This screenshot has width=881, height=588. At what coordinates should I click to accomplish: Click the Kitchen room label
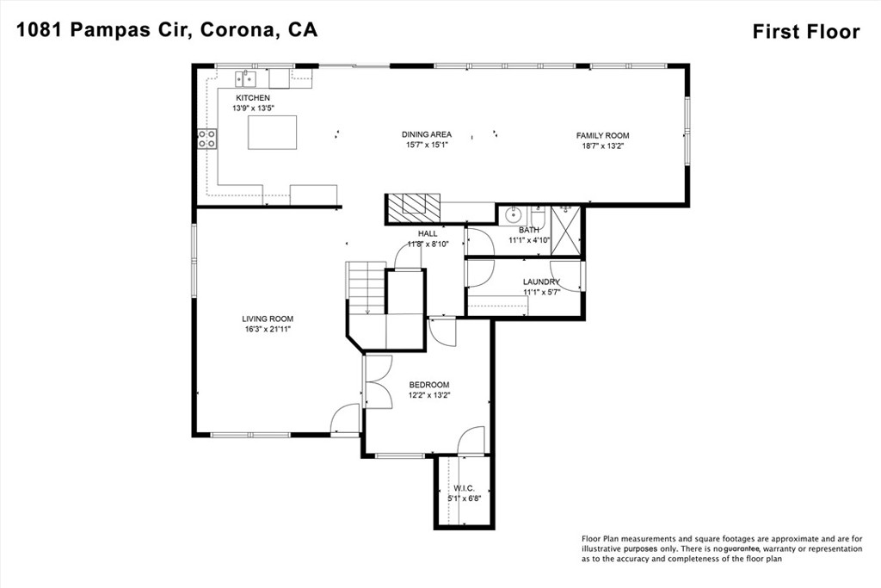click(253, 98)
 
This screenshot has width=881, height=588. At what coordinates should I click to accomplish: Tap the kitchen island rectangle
click(273, 132)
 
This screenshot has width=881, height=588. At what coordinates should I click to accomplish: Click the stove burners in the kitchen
click(207, 139)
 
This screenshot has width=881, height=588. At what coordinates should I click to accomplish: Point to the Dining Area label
click(427, 134)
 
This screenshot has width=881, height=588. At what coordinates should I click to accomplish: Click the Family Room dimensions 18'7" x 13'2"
click(603, 145)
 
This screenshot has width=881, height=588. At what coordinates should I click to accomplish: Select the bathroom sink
click(513, 214)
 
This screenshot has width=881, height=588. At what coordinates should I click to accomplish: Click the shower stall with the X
click(565, 231)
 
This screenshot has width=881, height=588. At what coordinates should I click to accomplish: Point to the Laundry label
click(541, 282)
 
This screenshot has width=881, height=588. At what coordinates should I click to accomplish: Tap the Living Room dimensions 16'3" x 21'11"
click(268, 330)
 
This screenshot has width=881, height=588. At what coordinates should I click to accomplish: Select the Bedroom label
click(429, 385)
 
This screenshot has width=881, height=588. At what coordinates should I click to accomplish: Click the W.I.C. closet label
click(464, 488)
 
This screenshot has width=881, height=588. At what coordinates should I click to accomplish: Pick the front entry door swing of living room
click(345, 418)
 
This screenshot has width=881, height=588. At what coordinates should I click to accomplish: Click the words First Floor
click(806, 32)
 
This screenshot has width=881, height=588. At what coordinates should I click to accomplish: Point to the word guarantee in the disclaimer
click(742, 548)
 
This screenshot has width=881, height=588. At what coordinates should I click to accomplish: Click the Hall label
click(427, 233)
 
